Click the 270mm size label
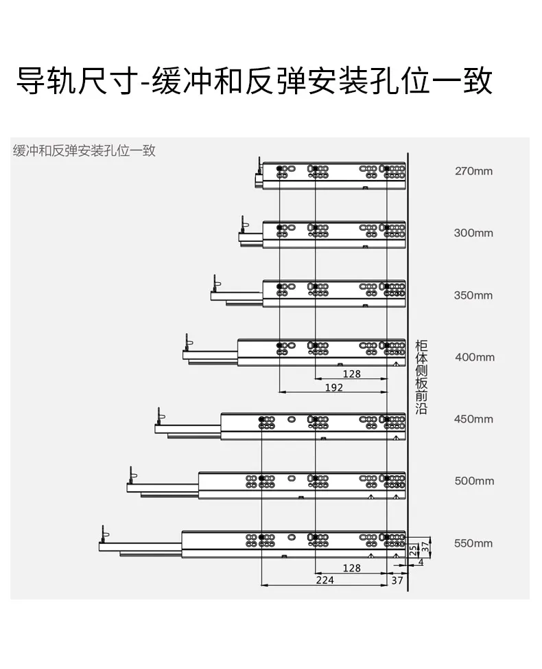[473, 171]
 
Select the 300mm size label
[473, 233]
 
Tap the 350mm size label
[473, 295]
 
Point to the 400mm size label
[475, 357]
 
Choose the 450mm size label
[473, 419]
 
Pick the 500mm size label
[474, 481]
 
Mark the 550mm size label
[473, 543]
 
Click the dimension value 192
[334, 387]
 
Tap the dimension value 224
[325, 580]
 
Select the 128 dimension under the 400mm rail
[351, 374]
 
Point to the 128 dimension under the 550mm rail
[351, 568]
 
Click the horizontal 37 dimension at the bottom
[397, 580]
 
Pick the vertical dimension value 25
[413, 550]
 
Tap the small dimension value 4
[421, 563]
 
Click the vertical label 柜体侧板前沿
[421, 377]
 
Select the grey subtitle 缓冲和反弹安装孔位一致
[84, 150]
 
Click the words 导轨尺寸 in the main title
[77, 80]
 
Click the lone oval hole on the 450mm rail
[292, 420]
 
